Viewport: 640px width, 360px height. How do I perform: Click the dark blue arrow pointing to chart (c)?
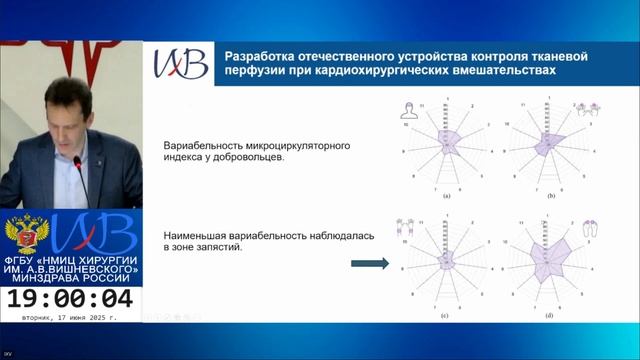coord(369,264)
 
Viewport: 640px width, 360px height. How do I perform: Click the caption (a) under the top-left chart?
coord(447,198)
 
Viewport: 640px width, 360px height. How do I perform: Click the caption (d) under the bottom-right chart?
coord(548,316)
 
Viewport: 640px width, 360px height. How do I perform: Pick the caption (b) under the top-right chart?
coord(548,198)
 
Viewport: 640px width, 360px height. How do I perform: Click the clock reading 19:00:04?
coord(70,298)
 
